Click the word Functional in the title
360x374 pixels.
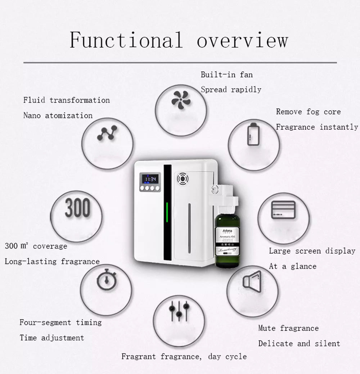pyautogui.click(x=126, y=40)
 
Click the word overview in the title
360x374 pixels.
pyautogui.click(x=242, y=41)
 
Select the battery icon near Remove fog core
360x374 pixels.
pyautogui.click(x=252, y=135)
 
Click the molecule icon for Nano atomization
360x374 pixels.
pyautogui.click(x=107, y=134)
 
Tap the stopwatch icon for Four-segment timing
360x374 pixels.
pyautogui.click(x=107, y=280)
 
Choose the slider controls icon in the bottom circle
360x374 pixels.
pyautogui.click(x=179, y=310)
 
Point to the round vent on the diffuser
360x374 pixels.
pyautogui.click(x=181, y=178)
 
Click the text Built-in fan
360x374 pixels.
pyautogui.click(x=226, y=75)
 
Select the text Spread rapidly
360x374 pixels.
pyautogui.click(x=231, y=90)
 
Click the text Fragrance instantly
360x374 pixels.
pyautogui.click(x=317, y=127)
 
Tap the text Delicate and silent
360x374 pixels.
pyautogui.click(x=299, y=343)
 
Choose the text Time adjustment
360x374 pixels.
pyautogui.click(x=51, y=338)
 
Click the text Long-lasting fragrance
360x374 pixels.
pyautogui.click(x=52, y=261)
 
